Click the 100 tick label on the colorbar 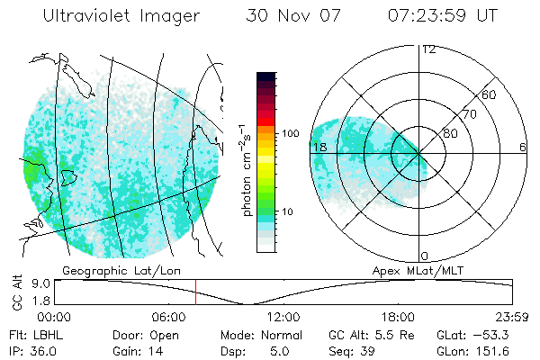290,133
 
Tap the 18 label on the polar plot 318,147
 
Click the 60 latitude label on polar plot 490,94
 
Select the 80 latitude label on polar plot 451,133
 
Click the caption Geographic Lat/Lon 110,270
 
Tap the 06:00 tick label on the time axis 169,317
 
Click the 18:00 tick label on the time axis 398,317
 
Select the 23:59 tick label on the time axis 511,317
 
